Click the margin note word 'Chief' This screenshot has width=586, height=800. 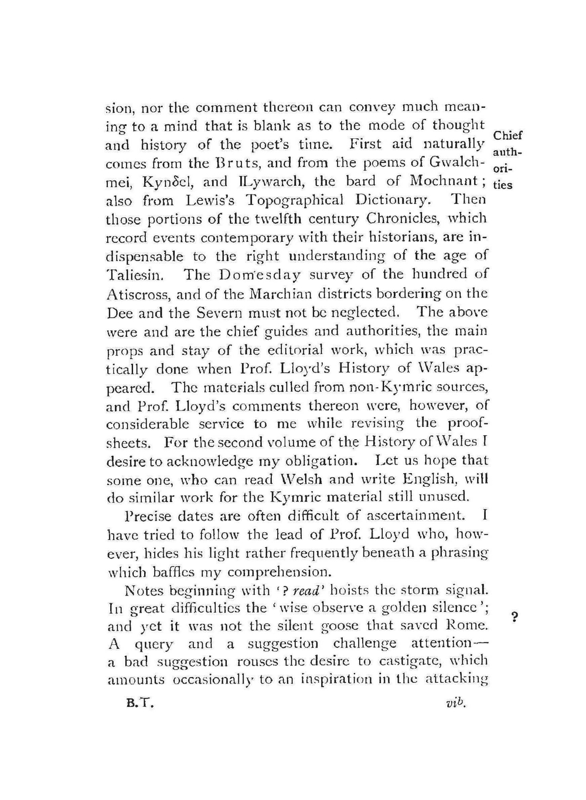point(507,135)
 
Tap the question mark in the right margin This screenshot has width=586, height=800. point(514,618)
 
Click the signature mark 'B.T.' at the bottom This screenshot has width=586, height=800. point(140,705)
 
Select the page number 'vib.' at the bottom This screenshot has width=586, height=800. point(455,703)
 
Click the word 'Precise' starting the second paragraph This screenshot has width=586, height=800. point(148,517)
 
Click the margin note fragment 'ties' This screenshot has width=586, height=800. point(503,185)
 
